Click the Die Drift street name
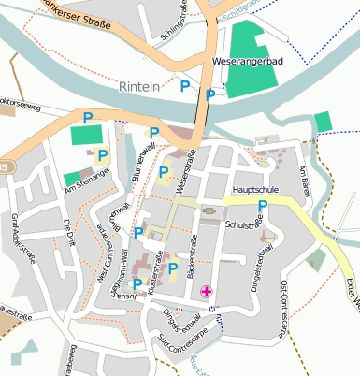click(x=67, y=232)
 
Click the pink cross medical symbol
click(x=207, y=292)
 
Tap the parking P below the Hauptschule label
click(x=263, y=206)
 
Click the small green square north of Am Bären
click(x=323, y=122)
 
